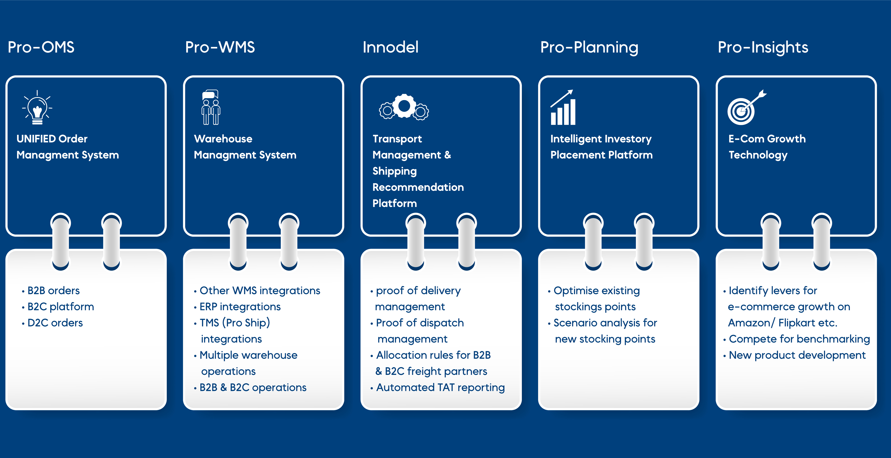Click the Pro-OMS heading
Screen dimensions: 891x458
point(41,47)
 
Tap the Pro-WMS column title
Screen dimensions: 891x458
point(220,47)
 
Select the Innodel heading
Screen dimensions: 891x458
point(390,47)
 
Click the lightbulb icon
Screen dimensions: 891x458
point(37,107)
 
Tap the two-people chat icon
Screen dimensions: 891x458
point(211,107)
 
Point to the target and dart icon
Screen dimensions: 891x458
point(746,107)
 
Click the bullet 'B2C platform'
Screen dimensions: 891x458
point(60,307)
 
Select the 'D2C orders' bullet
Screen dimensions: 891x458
point(55,323)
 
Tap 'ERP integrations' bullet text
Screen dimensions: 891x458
point(240,307)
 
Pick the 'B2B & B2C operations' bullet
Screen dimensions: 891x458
point(253,387)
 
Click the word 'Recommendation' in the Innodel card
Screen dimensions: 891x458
point(418,187)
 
